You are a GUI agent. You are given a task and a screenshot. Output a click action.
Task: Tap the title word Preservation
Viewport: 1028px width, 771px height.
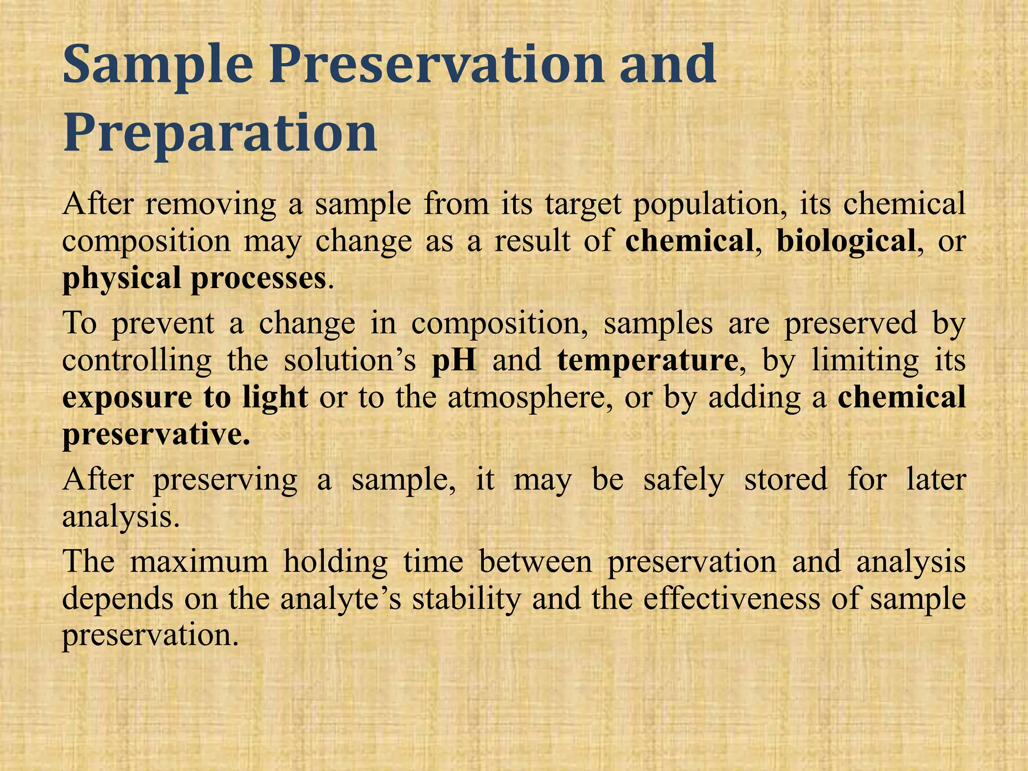(436, 64)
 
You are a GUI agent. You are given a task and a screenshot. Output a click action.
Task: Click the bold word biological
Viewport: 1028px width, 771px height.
(846, 241)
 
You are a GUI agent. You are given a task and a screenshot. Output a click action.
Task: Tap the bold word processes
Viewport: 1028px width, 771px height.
(259, 279)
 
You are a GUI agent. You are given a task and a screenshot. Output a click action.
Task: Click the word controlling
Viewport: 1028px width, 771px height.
(137, 360)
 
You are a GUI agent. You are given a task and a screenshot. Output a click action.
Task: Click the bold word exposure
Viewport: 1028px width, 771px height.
(127, 398)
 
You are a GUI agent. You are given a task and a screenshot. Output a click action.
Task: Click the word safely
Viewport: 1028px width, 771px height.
(684, 480)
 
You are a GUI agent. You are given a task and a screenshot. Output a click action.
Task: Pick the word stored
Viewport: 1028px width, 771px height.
(786, 479)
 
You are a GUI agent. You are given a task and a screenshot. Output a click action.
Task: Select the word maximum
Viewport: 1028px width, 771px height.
(199, 561)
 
